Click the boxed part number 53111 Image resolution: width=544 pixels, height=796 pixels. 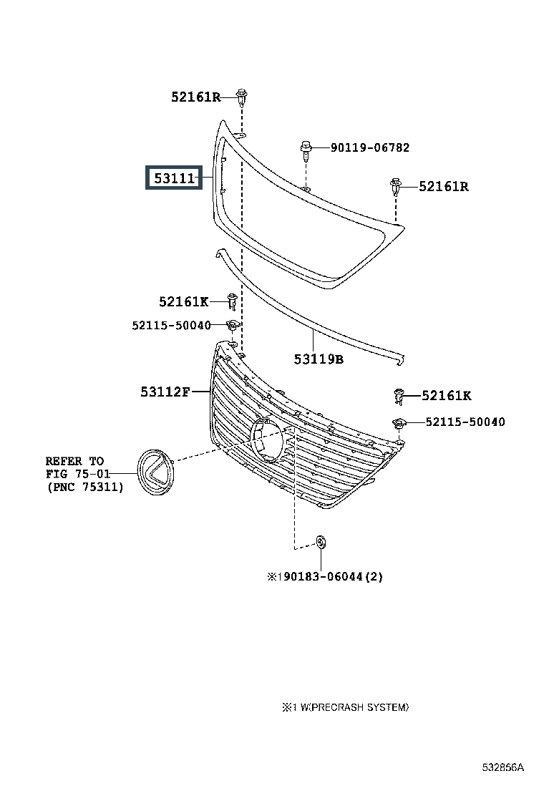click(174, 178)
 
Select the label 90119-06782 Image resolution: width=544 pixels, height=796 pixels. click(370, 147)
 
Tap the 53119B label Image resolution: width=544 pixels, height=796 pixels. click(319, 359)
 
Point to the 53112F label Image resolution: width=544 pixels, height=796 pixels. click(165, 392)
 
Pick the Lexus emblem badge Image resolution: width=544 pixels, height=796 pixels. click(155, 472)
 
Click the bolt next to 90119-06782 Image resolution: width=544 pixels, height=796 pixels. click(305, 150)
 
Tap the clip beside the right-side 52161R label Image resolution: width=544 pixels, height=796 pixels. click(396, 187)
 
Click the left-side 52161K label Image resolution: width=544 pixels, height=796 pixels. click(184, 302)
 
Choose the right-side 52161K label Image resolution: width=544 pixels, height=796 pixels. click(447, 395)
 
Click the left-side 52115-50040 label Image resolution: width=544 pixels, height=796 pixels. click(172, 326)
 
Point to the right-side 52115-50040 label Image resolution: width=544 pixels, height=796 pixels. click(465, 422)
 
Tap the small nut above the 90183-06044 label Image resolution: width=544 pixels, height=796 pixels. click(321, 542)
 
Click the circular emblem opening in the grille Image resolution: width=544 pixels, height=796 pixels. click(268, 439)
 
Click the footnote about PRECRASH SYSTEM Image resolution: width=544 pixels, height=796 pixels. click(345, 707)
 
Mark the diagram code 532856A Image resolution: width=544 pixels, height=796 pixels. click(503, 767)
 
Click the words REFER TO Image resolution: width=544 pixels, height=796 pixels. click(74, 461)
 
